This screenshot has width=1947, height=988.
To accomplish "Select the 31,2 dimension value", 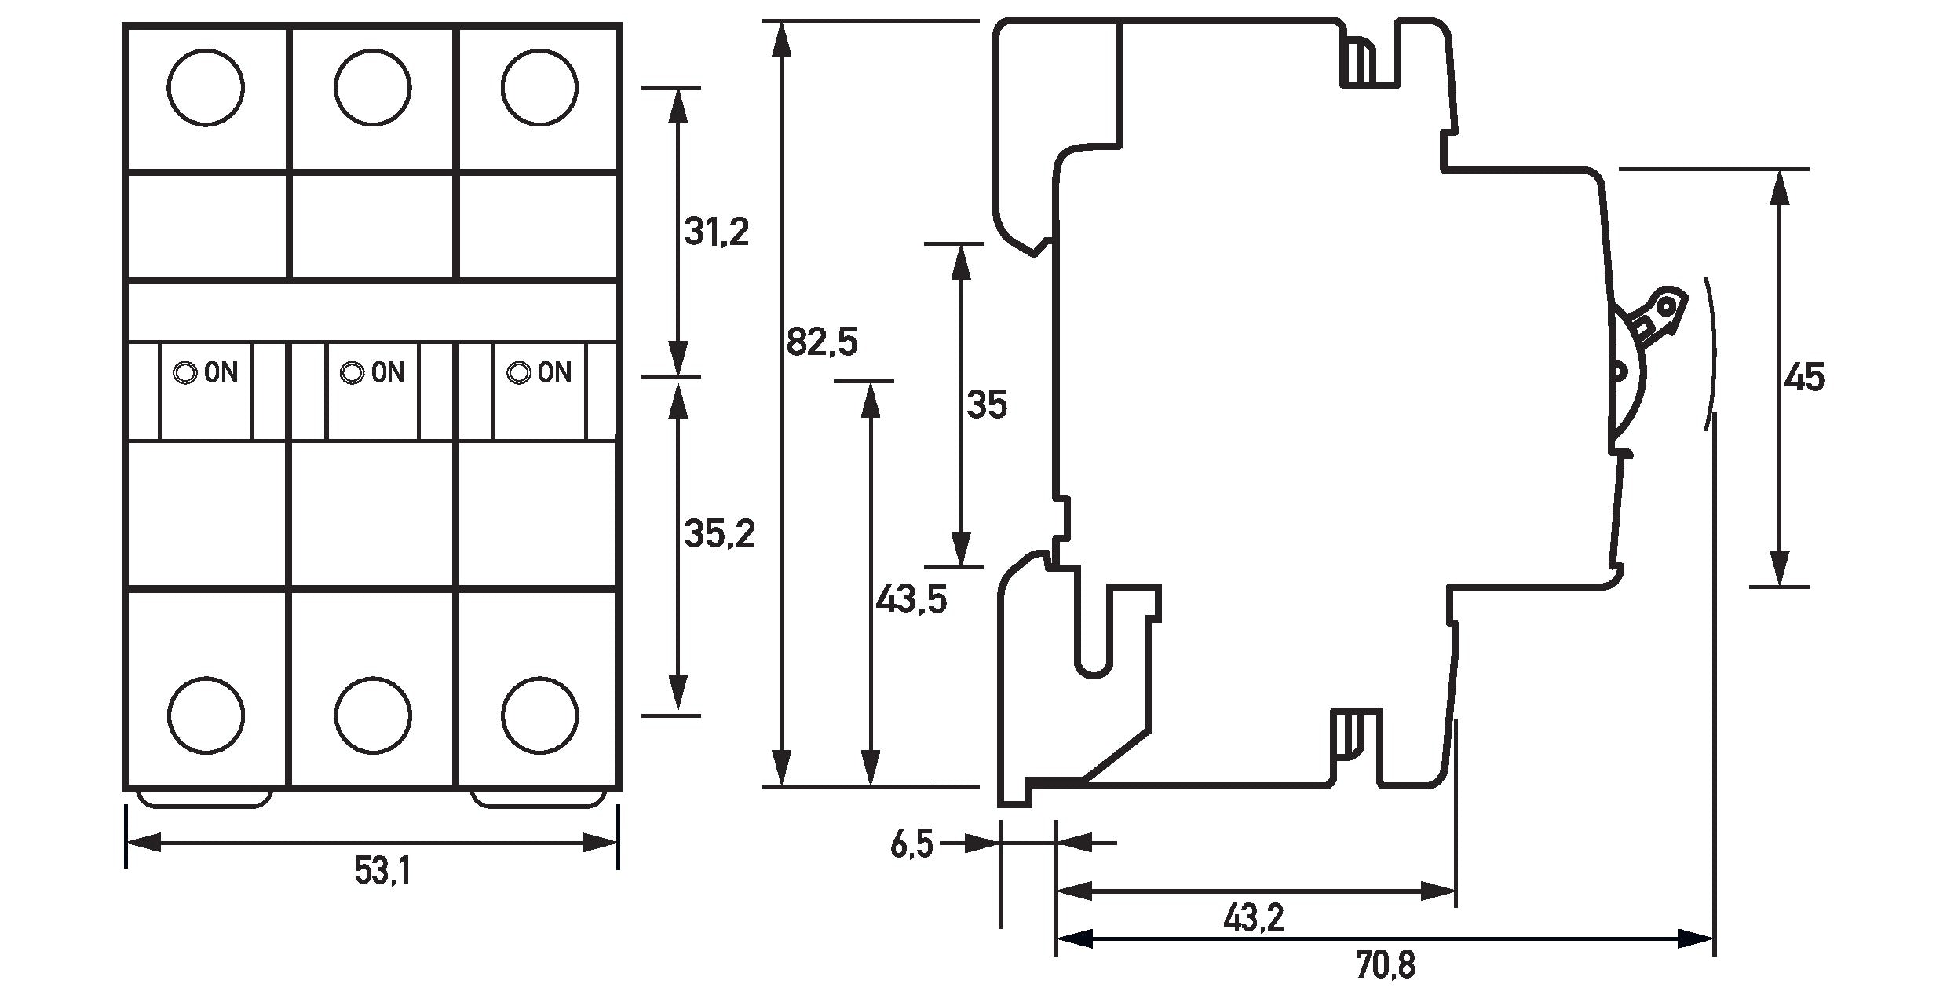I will pyautogui.click(x=716, y=232).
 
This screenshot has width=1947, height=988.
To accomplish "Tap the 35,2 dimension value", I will pyautogui.click(x=719, y=534).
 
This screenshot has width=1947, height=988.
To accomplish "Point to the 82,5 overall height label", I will pyautogui.click(x=822, y=342).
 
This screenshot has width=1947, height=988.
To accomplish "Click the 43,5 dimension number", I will pyautogui.click(x=911, y=600).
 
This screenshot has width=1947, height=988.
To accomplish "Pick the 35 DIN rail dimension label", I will pyautogui.click(x=987, y=405).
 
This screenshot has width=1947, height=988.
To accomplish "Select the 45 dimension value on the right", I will pyautogui.click(x=1804, y=378).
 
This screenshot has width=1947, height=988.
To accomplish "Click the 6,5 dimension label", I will pyautogui.click(x=911, y=845).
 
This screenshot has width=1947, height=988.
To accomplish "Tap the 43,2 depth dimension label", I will pyautogui.click(x=1254, y=917).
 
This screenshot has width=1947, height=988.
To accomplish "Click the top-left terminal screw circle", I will pyautogui.click(x=206, y=87).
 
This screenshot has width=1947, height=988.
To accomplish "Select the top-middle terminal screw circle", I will pyautogui.click(x=372, y=87).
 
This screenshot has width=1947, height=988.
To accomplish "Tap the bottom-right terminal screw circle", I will pyautogui.click(x=540, y=715).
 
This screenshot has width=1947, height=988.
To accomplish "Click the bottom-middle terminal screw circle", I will pyautogui.click(x=372, y=715).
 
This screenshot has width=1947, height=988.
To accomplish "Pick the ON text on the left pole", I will pyautogui.click(x=221, y=372).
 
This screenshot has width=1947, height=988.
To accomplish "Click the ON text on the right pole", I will pyautogui.click(x=555, y=372).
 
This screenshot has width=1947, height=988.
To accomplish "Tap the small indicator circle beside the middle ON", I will pyautogui.click(x=351, y=373).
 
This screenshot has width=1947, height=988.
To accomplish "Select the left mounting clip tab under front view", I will pyautogui.click(x=204, y=799).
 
